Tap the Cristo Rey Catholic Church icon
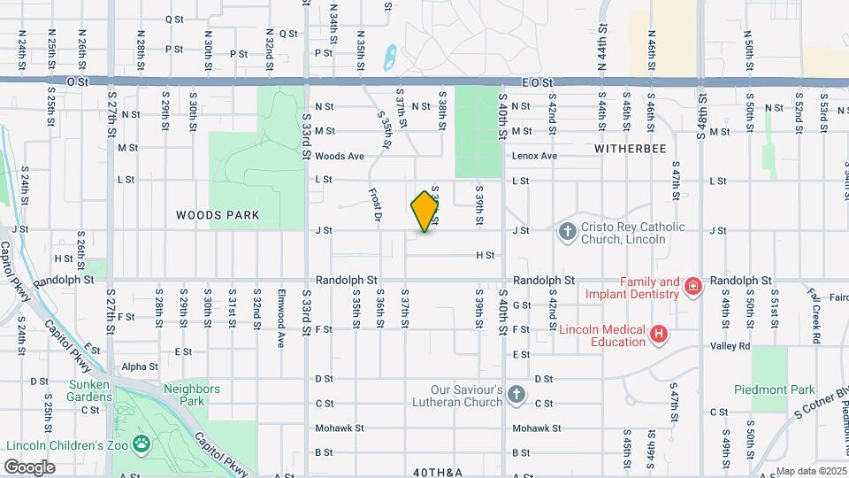coord(568,232)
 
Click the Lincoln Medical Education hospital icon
coord(658,334)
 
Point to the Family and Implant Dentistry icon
coord(693,285)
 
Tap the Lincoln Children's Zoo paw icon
coord(141,443)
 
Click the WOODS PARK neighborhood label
coord(218,215)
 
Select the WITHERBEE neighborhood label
coord(630,149)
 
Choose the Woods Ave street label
coord(340,156)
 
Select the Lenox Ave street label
coord(534,156)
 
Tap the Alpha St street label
coord(140,366)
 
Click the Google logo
coord(29,466)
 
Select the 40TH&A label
coord(438,473)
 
